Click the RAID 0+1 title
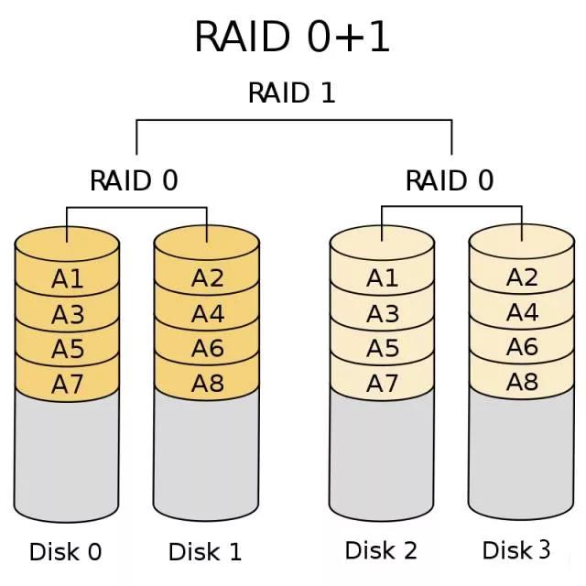(292, 38)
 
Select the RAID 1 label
(292, 92)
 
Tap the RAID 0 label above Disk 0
(134, 180)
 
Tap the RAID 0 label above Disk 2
(450, 180)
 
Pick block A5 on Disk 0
(68, 349)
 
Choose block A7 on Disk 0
(68, 385)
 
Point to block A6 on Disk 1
(207, 348)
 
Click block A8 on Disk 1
(207, 384)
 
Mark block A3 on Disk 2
(383, 314)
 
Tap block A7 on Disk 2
(383, 385)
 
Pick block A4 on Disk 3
(522, 312)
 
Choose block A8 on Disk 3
(522, 382)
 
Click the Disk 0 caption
(66, 552)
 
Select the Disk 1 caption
(205, 552)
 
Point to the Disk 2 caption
(381, 550)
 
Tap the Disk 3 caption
(516, 550)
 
